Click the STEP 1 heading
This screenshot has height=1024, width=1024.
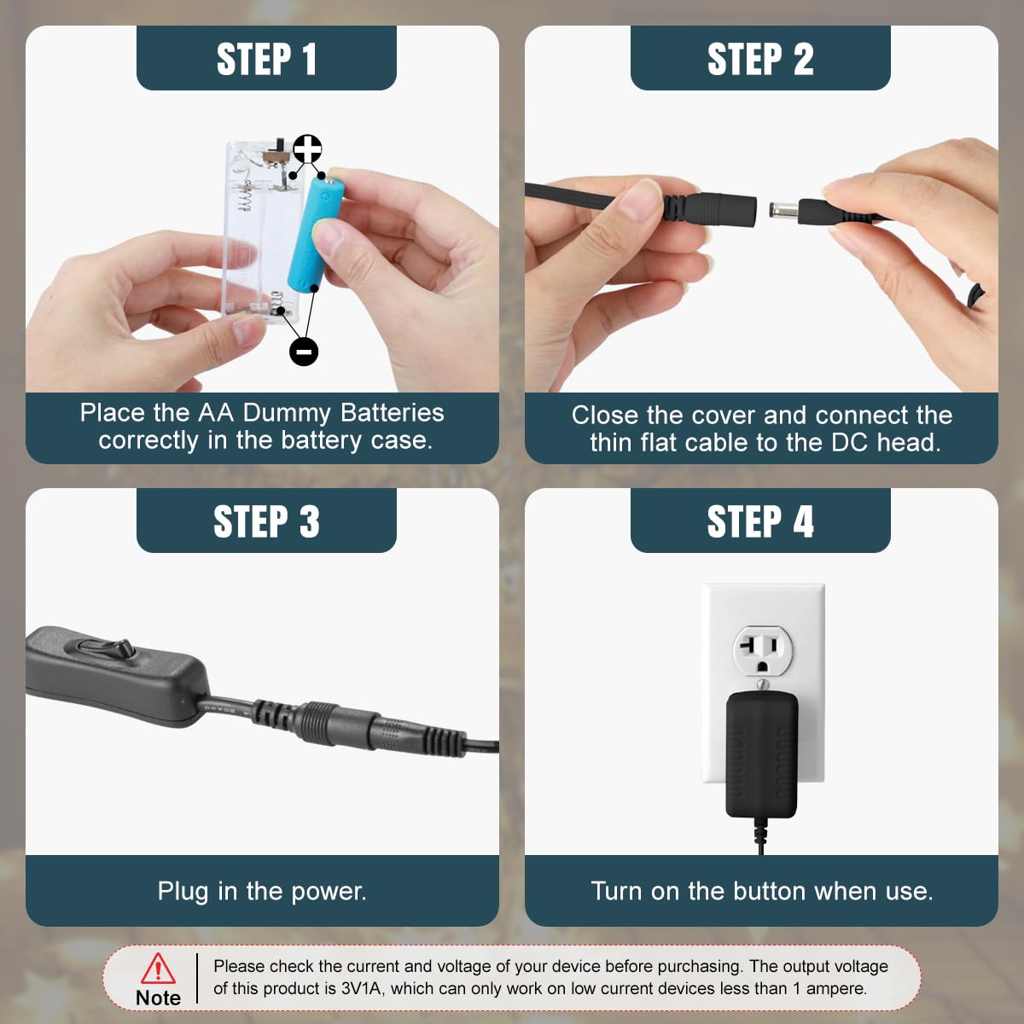point(266,59)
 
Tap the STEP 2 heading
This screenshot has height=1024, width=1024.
point(760,59)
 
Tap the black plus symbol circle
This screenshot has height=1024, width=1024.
point(308,148)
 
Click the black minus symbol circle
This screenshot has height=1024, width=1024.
point(304,352)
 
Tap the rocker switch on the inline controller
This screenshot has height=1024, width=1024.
point(107,649)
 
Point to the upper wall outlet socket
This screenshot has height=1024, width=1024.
point(763,650)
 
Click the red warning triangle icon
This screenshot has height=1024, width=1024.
point(158,968)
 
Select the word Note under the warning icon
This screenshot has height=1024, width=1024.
point(158,998)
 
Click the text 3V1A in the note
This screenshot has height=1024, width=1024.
point(361,988)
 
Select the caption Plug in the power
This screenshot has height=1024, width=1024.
point(262,891)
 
